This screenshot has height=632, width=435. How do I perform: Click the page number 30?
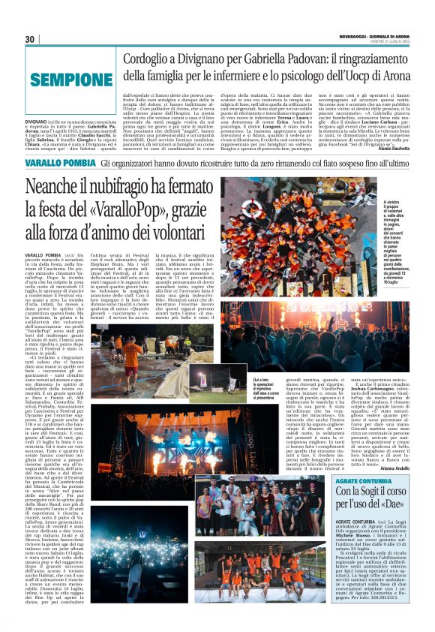[x=31, y=39]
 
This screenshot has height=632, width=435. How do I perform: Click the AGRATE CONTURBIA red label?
[x=355, y=481]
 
